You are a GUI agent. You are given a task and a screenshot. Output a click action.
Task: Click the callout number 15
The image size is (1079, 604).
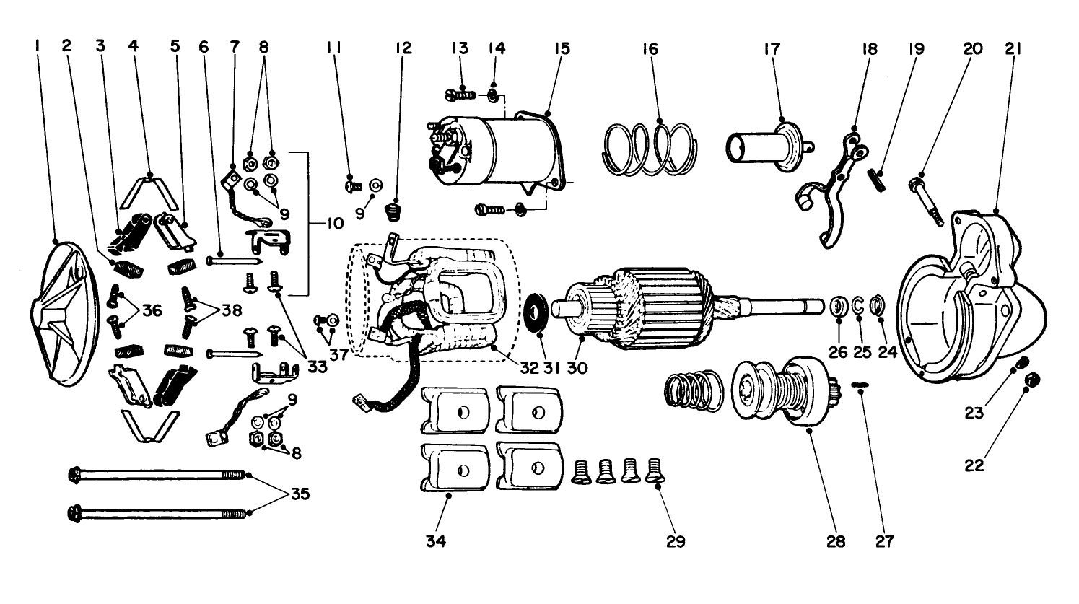point(562,48)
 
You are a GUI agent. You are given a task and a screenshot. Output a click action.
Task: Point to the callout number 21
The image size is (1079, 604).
point(1012,48)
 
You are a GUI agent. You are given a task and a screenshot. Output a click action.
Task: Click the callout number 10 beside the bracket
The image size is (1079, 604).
point(333,224)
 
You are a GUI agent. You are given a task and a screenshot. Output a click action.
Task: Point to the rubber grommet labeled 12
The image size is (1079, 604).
point(394,214)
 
